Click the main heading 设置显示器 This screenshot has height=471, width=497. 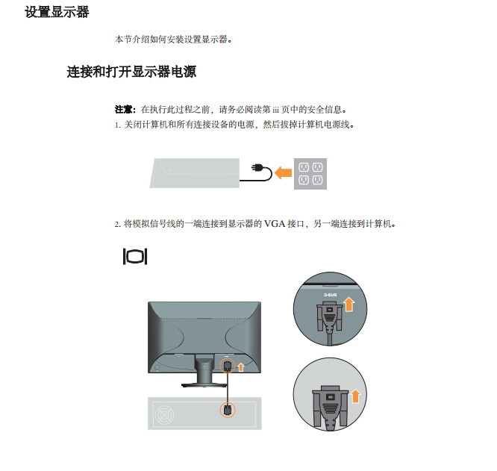(x=57, y=13)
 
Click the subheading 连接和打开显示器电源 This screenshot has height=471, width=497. (x=131, y=72)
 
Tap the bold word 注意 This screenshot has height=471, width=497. (x=123, y=110)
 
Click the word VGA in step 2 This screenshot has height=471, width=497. (x=275, y=224)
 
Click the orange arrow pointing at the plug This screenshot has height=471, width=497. (x=283, y=173)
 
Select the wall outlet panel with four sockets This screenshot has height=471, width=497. (x=310, y=174)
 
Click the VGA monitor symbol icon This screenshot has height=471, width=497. (x=135, y=257)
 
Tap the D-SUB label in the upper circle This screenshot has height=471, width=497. (x=331, y=295)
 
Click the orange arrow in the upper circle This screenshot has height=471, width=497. (x=349, y=304)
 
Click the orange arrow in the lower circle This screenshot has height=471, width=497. (x=356, y=396)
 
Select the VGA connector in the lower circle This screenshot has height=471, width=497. (x=331, y=408)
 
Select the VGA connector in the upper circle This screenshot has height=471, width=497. (x=330, y=319)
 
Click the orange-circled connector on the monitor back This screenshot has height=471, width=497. (x=228, y=366)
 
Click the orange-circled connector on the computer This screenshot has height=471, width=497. (x=228, y=410)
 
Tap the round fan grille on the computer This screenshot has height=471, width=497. (x=164, y=415)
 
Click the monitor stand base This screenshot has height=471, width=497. (x=204, y=385)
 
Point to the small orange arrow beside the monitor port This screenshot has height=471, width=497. (x=241, y=367)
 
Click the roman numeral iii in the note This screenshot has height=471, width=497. (x=275, y=110)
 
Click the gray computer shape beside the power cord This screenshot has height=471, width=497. (x=195, y=173)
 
